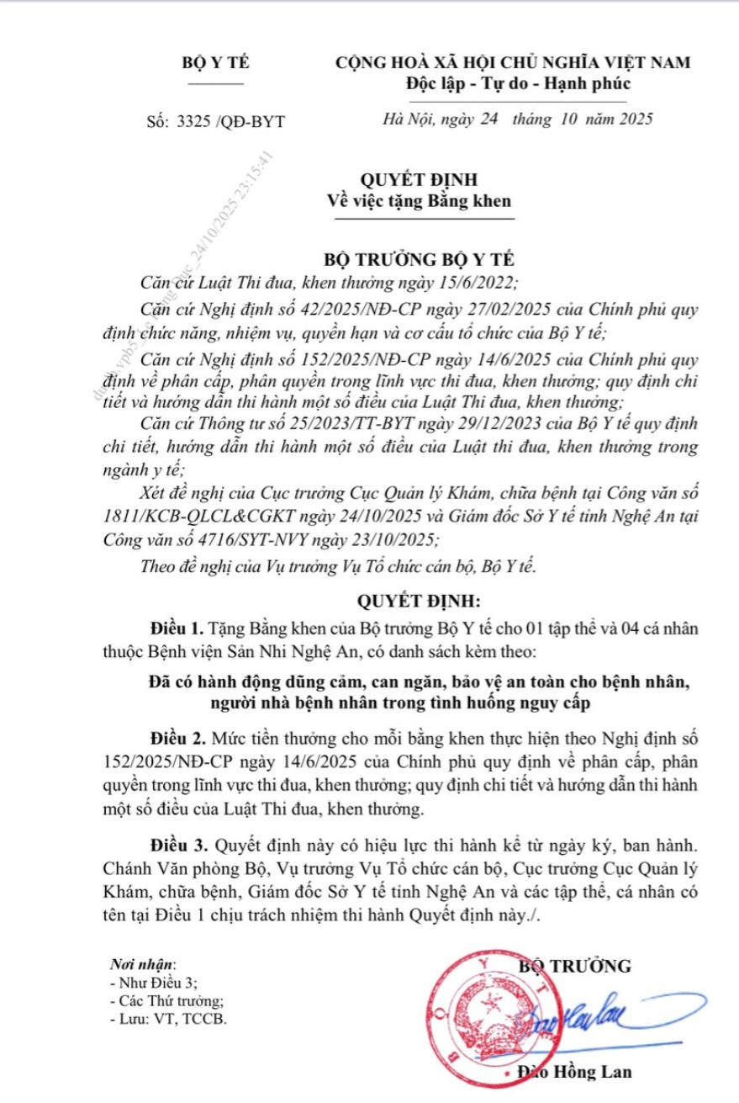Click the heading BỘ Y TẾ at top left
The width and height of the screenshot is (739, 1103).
(x=216, y=63)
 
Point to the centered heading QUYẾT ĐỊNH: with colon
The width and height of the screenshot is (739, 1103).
(x=418, y=602)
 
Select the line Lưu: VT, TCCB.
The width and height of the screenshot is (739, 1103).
(x=168, y=1017)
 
